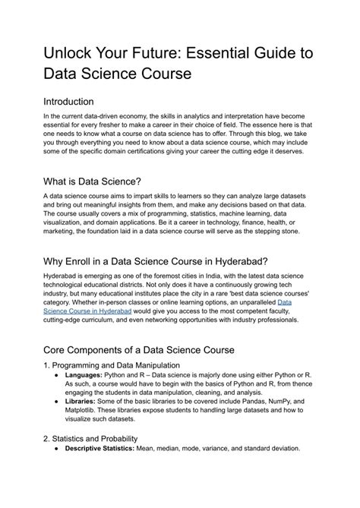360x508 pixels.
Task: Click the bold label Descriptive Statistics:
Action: coord(99,449)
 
